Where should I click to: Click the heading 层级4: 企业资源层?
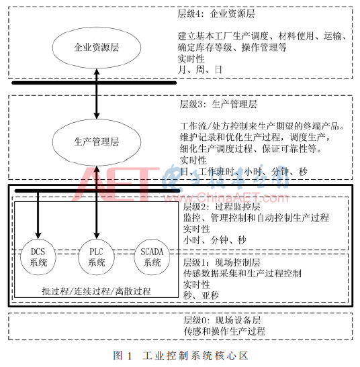click(216, 13)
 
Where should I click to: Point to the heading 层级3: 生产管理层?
click(218, 104)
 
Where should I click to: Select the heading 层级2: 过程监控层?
click(222, 207)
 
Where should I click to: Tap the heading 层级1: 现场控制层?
click(222, 262)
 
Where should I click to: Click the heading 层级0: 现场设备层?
click(222, 320)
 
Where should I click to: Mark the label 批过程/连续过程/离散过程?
click(96, 291)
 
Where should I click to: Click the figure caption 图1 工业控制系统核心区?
click(181, 356)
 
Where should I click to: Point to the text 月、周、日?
click(199, 70)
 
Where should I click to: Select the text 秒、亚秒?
click(201, 295)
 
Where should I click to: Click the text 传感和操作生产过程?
click(224, 331)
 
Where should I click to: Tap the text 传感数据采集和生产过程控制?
click(242, 273)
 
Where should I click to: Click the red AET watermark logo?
click(116, 185)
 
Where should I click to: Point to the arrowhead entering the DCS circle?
click(38, 235)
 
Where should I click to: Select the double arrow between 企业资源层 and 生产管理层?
click(97, 94)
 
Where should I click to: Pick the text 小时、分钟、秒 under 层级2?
click(215, 240)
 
